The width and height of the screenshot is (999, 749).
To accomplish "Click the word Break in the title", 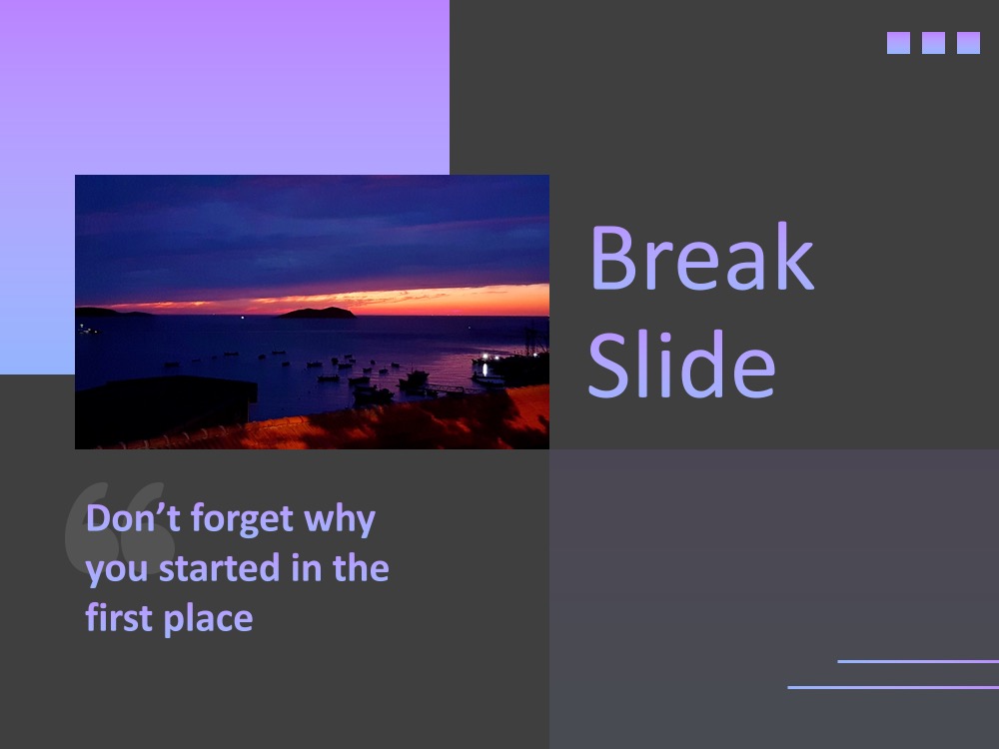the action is pyautogui.click(x=702, y=257).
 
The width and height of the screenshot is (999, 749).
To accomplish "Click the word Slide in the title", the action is pyautogui.click(x=681, y=364).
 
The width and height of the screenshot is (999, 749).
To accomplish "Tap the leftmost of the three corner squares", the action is pyautogui.click(x=898, y=43).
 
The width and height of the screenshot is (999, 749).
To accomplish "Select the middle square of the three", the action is pyautogui.click(x=933, y=43).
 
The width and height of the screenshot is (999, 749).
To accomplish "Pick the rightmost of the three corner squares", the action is pyautogui.click(x=968, y=43).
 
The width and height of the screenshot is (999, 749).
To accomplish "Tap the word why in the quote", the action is pyautogui.click(x=340, y=519).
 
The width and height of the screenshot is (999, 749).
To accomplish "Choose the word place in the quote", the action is pyautogui.click(x=209, y=620).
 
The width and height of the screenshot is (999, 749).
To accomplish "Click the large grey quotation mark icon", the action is pyautogui.click(x=120, y=528).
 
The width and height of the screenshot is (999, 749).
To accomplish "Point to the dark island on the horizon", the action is pyautogui.click(x=317, y=312).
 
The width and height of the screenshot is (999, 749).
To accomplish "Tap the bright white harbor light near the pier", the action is pyautogui.click(x=486, y=357).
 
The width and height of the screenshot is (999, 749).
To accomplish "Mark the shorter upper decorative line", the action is pyautogui.click(x=918, y=662).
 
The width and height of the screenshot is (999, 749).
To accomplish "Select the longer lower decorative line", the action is pyautogui.click(x=893, y=687).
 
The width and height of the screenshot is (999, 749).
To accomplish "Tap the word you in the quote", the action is pyautogui.click(x=117, y=570).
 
